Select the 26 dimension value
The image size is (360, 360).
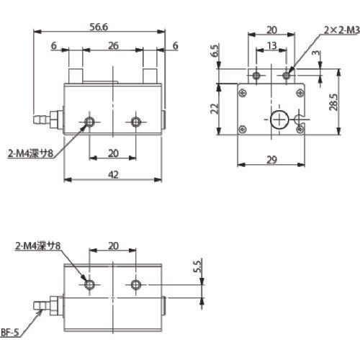[x=112, y=45]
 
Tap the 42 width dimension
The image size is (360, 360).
[x=112, y=173]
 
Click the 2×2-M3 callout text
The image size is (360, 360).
[x=341, y=30]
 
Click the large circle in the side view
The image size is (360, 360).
[x=278, y=120]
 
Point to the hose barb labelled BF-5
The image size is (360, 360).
[x=47, y=305]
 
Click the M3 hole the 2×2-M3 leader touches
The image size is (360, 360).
[x=287, y=74]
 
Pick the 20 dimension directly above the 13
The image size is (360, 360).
[x=271, y=30]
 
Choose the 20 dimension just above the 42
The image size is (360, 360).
[x=112, y=153]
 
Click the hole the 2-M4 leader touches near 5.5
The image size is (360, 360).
[x=89, y=285]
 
